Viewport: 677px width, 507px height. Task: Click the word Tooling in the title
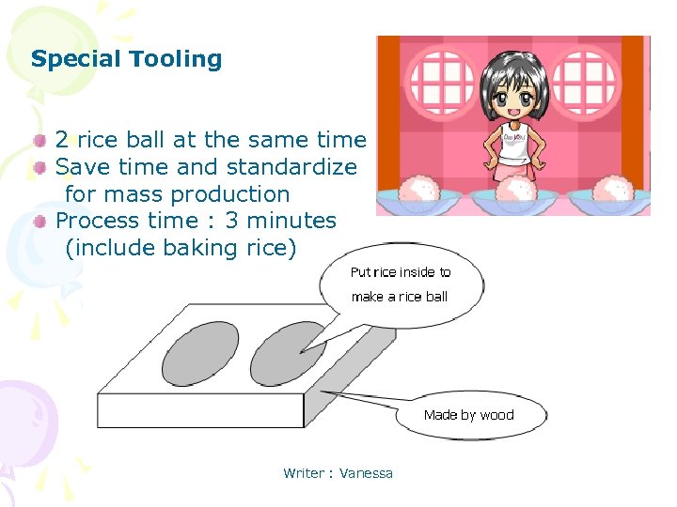point(176,59)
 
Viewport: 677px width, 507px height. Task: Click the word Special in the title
point(76,59)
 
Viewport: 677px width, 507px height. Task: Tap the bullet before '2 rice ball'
point(40,141)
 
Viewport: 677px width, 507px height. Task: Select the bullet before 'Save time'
point(40,168)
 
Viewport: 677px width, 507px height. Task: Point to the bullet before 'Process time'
point(40,222)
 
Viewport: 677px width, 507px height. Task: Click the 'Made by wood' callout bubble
point(469,415)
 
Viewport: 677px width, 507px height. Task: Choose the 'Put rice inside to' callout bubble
point(401,284)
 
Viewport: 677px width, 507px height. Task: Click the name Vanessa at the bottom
point(366,473)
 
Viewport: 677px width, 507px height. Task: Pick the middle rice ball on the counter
point(515,189)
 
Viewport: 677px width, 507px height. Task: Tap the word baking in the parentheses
point(197,248)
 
